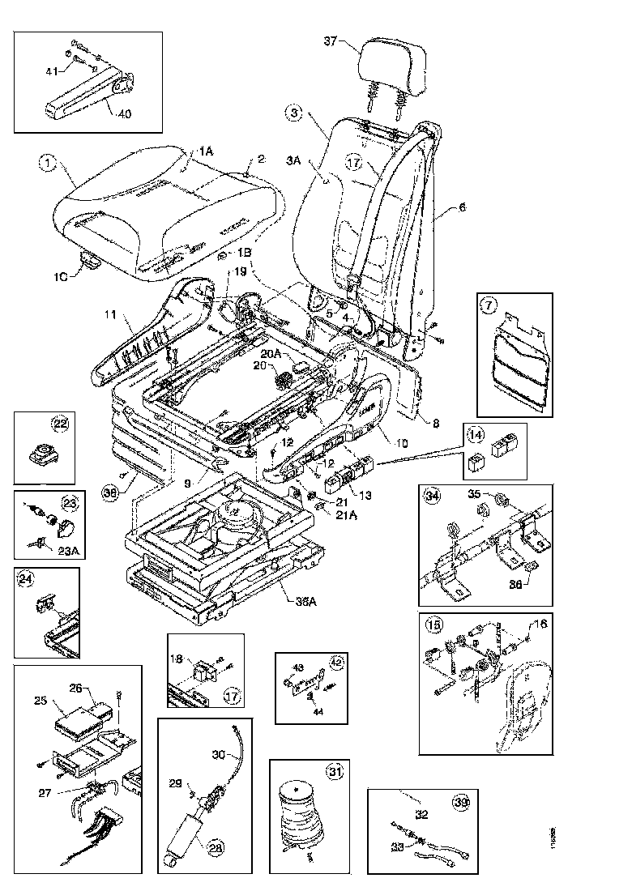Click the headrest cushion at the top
pyautogui.click(x=392, y=64)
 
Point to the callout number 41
pyautogui.click(x=52, y=73)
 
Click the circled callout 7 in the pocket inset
pyautogui.click(x=488, y=306)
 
